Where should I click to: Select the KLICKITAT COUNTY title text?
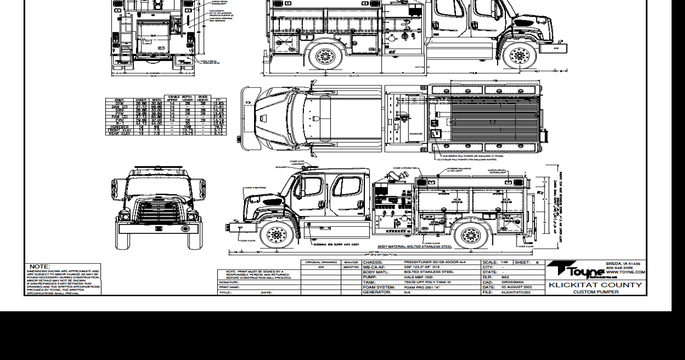coord(595,285)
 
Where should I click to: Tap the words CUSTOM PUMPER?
coord(595,292)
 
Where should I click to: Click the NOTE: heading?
coord(40,267)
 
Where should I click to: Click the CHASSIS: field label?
coord(373,261)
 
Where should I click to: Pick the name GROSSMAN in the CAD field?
coord(513,282)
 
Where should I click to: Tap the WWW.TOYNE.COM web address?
coord(625,272)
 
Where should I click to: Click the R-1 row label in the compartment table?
coord(119,123)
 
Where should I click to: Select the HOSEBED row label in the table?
coord(119,127)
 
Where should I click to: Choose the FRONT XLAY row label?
coord(119,130)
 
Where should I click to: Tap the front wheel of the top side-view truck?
coord(520,55)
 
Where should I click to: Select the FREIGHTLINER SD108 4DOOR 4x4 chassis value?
coord(434,261)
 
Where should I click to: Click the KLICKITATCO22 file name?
coord(517,292)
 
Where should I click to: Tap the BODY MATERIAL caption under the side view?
coord(414,246)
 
